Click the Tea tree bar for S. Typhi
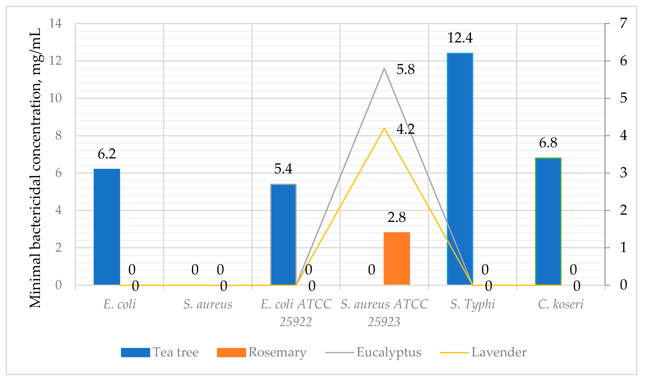460,169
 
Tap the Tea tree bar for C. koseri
548,221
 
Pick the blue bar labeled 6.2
107,227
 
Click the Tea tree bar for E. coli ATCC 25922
283,234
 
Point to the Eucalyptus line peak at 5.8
384,69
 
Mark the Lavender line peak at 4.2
384,128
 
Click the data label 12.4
460,38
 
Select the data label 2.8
397,217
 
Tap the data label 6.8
548,143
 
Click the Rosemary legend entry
262,352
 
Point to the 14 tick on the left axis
55,23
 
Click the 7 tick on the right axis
623,23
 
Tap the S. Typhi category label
473,304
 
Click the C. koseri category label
561,304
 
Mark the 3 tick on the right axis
623,173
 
